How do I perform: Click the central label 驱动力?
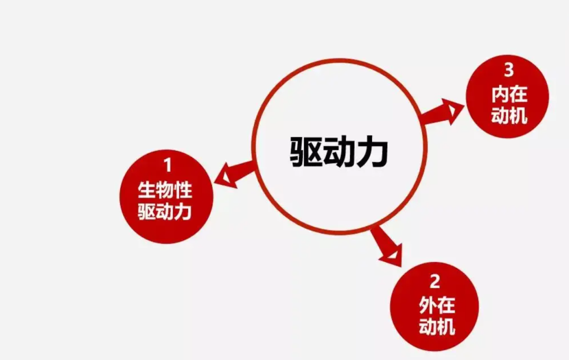339,152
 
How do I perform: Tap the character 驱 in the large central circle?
306,152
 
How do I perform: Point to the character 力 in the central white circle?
373,152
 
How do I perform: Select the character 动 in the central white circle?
339,152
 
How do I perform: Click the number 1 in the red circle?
168,165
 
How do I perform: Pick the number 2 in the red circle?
435,281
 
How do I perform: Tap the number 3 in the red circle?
509,70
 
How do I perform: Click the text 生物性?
165,190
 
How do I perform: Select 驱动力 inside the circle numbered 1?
165,211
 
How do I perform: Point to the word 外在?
437,305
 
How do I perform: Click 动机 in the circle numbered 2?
437,326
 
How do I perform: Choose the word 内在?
509,94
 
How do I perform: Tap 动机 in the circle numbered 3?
509,115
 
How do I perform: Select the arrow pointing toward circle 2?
387,246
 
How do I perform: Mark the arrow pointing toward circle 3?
442,112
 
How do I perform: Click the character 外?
428,305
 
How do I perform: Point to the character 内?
501,94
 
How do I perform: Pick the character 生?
146,190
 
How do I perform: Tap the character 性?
183,190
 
